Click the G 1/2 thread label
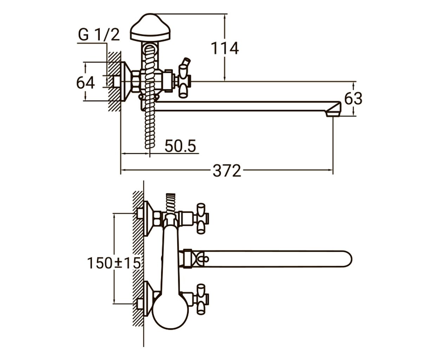click(99, 35)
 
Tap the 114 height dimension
click(225, 49)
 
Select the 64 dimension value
click(85, 83)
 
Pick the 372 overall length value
click(227, 171)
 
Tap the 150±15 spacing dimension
click(114, 263)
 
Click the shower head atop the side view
click(150, 27)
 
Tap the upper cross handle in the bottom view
click(201, 218)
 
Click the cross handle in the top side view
click(185, 81)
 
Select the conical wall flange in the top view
click(126, 81)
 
